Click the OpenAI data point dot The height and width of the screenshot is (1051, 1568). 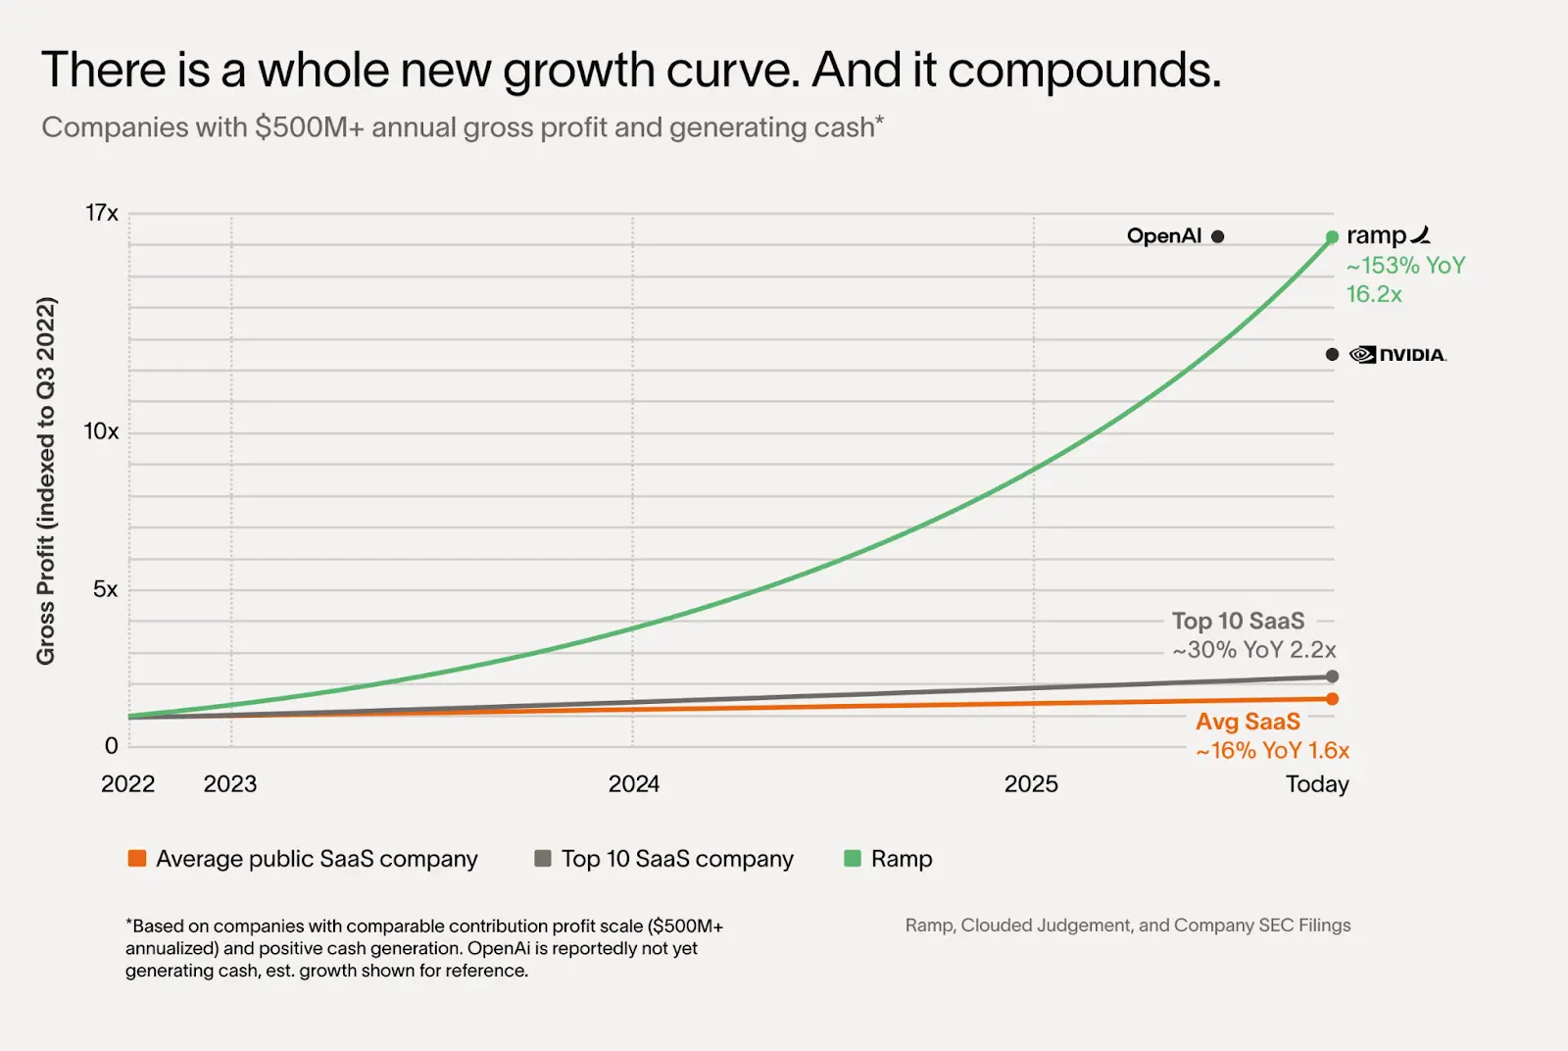click(1217, 236)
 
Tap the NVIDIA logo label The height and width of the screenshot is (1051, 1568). click(1398, 355)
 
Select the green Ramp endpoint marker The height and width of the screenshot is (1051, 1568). click(1332, 237)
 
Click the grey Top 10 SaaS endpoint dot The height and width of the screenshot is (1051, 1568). click(1332, 676)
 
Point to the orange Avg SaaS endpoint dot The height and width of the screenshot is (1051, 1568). click(1332, 699)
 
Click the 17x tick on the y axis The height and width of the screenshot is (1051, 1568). click(101, 213)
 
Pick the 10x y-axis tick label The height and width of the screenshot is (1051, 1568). click(101, 431)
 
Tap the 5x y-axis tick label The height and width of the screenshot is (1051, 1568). click(105, 589)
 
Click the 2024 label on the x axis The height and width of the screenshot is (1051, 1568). click(633, 784)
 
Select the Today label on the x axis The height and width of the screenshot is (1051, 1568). click(1317, 784)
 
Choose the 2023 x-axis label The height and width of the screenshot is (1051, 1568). click(229, 784)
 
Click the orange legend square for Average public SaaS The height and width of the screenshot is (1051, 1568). click(137, 859)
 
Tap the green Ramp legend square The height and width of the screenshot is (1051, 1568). click(853, 859)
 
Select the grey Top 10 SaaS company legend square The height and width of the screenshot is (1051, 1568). click(542, 859)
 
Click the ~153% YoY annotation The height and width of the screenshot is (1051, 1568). click(1405, 266)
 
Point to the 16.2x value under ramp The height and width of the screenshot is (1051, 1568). click(1374, 294)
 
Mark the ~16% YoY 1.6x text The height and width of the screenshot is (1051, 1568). click(1272, 751)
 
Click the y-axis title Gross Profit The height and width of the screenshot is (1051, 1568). click(45, 480)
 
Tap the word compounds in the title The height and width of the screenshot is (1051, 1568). click(1084, 71)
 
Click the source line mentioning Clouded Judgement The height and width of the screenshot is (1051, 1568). click(1127, 926)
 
